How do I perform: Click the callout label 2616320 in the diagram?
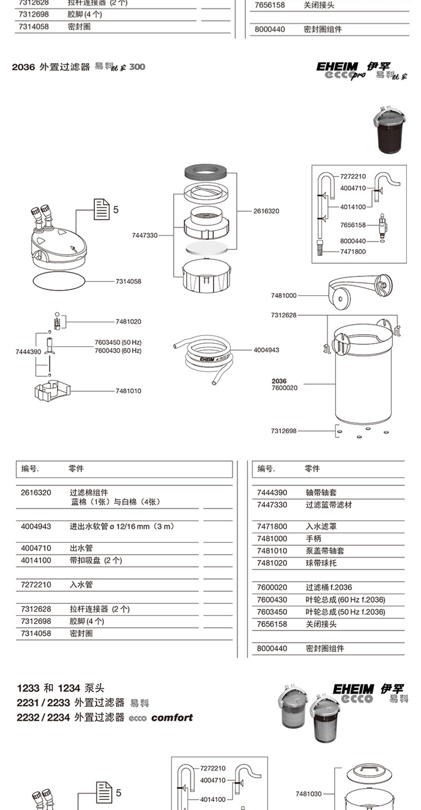point(266,211)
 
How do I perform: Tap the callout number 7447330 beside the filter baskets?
point(145,235)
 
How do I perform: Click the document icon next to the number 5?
point(102,209)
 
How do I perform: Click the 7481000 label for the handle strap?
point(283,296)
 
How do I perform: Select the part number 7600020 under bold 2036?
point(285,388)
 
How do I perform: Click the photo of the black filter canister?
point(390,130)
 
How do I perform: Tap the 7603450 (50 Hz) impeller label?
point(118,342)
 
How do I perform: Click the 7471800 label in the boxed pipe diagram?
point(353,252)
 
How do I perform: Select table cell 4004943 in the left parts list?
point(36,526)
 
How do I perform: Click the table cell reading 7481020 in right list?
point(272,563)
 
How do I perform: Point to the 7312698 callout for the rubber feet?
point(283,431)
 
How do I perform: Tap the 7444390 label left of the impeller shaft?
point(28,352)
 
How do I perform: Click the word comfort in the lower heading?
point(172,717)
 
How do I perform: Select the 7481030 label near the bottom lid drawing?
point(308,794)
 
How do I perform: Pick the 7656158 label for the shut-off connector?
point(353,225)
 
